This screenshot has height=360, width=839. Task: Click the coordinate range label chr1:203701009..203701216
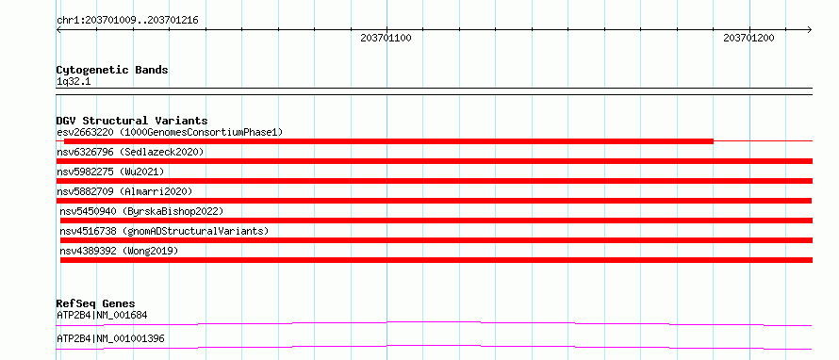(127, 21)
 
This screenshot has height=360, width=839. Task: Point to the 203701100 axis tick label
(386, 38)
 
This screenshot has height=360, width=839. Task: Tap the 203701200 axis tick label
(749, 38)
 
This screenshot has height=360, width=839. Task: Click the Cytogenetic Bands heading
(112, 70)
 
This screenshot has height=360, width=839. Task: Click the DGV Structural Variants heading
(132, 121)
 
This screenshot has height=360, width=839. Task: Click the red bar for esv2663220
(388, 141)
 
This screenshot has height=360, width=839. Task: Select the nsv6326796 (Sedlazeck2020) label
(130, 152)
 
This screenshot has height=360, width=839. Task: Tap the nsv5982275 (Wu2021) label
(110, 172)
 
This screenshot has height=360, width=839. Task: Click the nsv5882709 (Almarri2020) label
(124, 191)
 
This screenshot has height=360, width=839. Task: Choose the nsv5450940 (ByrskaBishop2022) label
(141, 211)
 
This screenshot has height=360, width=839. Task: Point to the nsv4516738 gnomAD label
(164, 231)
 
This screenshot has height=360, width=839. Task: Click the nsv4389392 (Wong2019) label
(119, 251)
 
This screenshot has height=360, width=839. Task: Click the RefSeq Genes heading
(95, 303)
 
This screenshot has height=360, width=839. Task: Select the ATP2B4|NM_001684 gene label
(102, 315)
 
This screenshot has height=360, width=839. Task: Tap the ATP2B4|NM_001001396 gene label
(110, 338)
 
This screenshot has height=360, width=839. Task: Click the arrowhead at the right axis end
(810, 29)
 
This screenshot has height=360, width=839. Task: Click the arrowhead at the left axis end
(58, 29)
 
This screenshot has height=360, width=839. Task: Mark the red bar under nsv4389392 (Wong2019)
(436, 260)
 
